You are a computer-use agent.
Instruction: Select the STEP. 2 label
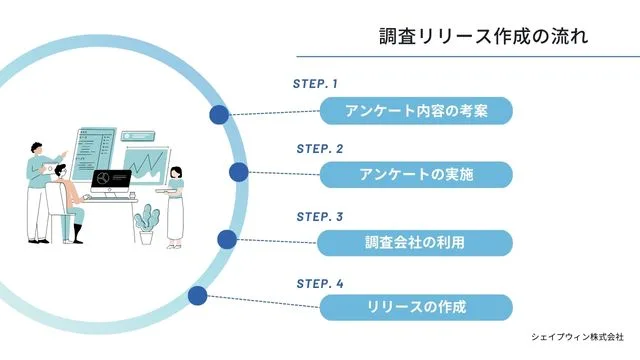[319, 148]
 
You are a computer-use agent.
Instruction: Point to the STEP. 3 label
[319, 216]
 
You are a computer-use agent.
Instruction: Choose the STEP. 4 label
[319, 283]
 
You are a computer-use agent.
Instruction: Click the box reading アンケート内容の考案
[416, 110]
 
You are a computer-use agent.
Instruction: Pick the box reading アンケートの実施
[416, 174]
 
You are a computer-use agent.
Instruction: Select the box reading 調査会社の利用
[416, 242]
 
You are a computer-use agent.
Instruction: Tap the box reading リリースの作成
[416, 307]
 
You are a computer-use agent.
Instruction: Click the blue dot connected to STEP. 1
[218, 115]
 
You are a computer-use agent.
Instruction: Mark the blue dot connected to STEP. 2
[238, 172]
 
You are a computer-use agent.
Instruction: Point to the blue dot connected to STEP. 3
[227, 239]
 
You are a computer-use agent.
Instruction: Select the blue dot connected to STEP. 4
[198, 295]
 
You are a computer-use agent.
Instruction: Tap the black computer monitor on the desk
[111, 181]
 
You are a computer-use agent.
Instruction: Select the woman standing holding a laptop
[175, 204]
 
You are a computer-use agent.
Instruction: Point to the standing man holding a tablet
[37, 190]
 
